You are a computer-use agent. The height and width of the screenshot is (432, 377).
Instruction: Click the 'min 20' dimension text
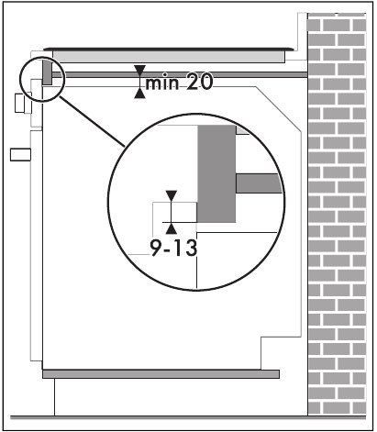tap(179, 83)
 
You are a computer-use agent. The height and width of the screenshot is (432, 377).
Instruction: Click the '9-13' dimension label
tap(173, 248)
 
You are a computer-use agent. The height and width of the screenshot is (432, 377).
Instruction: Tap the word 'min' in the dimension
tap(162, 83)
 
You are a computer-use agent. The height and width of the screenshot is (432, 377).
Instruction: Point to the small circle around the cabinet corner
tap(20, 79)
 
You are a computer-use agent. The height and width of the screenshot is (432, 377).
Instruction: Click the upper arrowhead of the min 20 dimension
tap(139, 71)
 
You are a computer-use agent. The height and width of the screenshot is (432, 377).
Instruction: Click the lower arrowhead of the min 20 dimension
tap(139, 93)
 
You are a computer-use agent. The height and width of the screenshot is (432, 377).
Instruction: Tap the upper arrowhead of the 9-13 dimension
tap(172, 196)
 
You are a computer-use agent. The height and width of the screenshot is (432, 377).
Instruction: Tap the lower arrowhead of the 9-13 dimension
tap(172, 228)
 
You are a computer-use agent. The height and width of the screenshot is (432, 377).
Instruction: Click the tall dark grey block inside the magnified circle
tap(216, 173)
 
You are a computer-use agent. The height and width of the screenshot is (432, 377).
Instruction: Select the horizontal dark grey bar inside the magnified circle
tap(259, 183)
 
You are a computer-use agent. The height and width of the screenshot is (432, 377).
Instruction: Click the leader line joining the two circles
tap(92, 122)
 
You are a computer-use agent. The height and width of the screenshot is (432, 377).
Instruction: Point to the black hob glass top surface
tap(169, 50)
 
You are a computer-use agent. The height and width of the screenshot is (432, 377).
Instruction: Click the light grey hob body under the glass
tap(169, 57)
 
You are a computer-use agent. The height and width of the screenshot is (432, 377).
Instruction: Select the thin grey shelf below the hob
tap(180, 75)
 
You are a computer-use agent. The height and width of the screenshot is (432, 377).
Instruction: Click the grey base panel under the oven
tap(161, 374)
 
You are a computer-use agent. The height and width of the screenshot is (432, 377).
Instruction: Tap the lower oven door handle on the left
tap(20, 154)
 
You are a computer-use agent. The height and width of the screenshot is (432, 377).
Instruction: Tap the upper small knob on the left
tap(20, 103)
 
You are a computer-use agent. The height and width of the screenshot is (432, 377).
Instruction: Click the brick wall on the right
tap(337, 214)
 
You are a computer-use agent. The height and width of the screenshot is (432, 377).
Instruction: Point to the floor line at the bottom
tap(188, 417)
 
